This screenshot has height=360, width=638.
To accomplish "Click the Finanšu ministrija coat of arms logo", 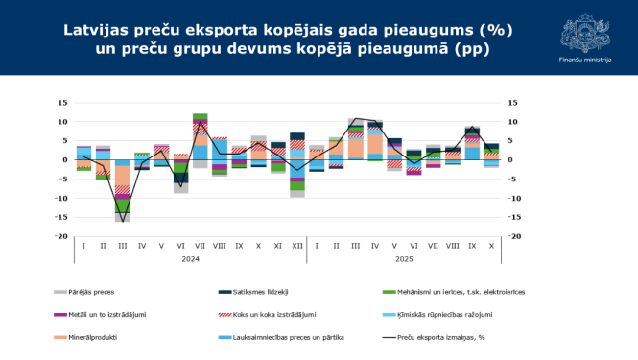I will [584, 31].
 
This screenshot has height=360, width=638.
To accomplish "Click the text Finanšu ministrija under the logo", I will [584, 60].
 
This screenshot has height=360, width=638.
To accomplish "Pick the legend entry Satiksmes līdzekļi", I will [263, 292].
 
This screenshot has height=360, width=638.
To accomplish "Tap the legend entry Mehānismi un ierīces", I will [457, 292].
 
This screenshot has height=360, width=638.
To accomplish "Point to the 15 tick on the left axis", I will [62, 103].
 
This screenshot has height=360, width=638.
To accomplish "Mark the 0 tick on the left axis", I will [64, 159].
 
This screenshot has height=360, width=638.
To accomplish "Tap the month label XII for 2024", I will [297, 246].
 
